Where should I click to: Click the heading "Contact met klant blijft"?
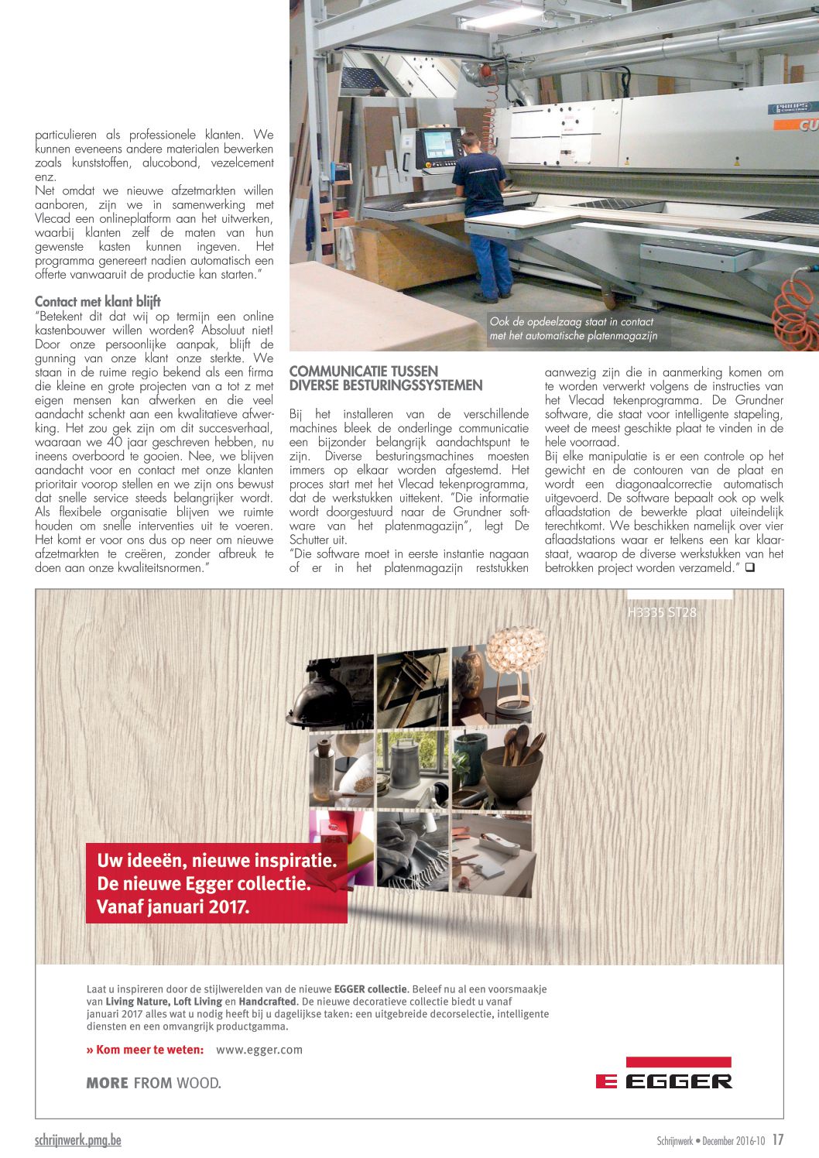click(98, 301)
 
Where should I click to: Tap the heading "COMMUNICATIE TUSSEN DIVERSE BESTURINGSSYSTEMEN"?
click(386, 379)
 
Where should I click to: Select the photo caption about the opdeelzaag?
click(573, 329)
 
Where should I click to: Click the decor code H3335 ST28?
click(661, 612)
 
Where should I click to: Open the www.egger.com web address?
click(259, 1050)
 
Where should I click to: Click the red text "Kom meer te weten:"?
click(146, 1050)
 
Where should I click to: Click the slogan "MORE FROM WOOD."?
click(153, 1083)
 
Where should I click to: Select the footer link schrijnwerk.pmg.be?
click(78, 1140)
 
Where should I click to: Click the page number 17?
click(778, 1140)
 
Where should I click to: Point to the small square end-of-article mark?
click(749, 568)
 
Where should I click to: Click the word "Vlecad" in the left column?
click(53, 219)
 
